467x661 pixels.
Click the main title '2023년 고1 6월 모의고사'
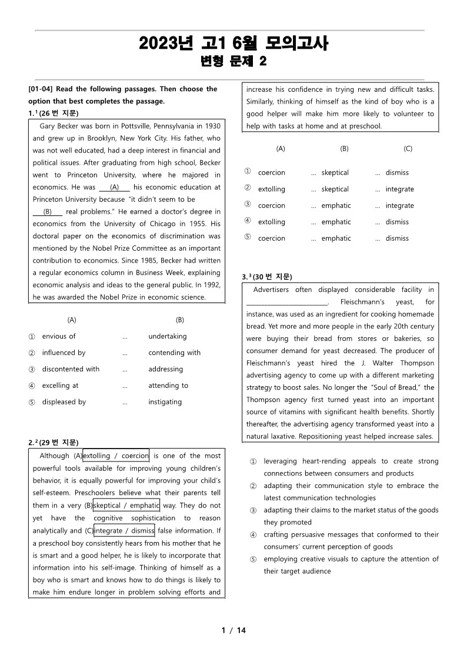click(x=233, y=44)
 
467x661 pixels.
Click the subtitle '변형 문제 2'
click(x=233, y=61)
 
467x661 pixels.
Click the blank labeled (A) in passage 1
click(x=114, y=188)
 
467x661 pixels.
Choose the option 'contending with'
click(x=174, y=353)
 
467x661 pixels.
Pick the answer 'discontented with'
click(x=71, y=370)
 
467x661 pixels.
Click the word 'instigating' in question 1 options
click(x=165, y=403)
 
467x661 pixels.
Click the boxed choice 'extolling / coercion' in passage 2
click(x=116, y=456)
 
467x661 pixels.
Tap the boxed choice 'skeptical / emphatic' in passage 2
click(x=126, y=506)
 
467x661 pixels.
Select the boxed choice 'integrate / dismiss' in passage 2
click(x=124, y=531)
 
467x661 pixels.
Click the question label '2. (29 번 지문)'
click(x=54, y=443)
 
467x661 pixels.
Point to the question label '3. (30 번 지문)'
click(x=267, y=277)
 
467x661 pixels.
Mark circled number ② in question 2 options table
click(x=248, y=189)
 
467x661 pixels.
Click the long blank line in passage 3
click(x=287, y=303)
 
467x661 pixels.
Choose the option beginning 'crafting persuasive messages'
click(x=351, y=534)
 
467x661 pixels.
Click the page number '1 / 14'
click(x=233, y=630)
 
